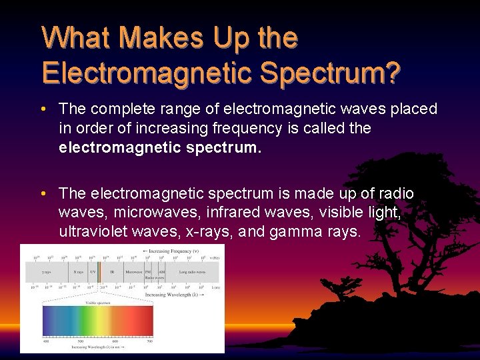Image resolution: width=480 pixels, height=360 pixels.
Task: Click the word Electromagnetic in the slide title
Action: pos(146,71)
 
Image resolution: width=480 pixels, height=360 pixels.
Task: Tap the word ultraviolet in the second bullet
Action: pos(99,232)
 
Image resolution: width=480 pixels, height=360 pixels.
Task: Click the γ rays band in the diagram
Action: pos(47,272)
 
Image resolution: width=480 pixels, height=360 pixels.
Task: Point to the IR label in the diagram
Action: pos(112,272)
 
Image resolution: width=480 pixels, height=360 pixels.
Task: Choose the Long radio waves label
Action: pos(192,272)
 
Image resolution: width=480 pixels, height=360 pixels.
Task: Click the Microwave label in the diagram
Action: pos(134,272)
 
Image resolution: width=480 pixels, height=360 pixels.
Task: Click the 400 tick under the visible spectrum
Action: pos(46,341)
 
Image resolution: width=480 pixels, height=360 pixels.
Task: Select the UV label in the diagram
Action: pos(93,272)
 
